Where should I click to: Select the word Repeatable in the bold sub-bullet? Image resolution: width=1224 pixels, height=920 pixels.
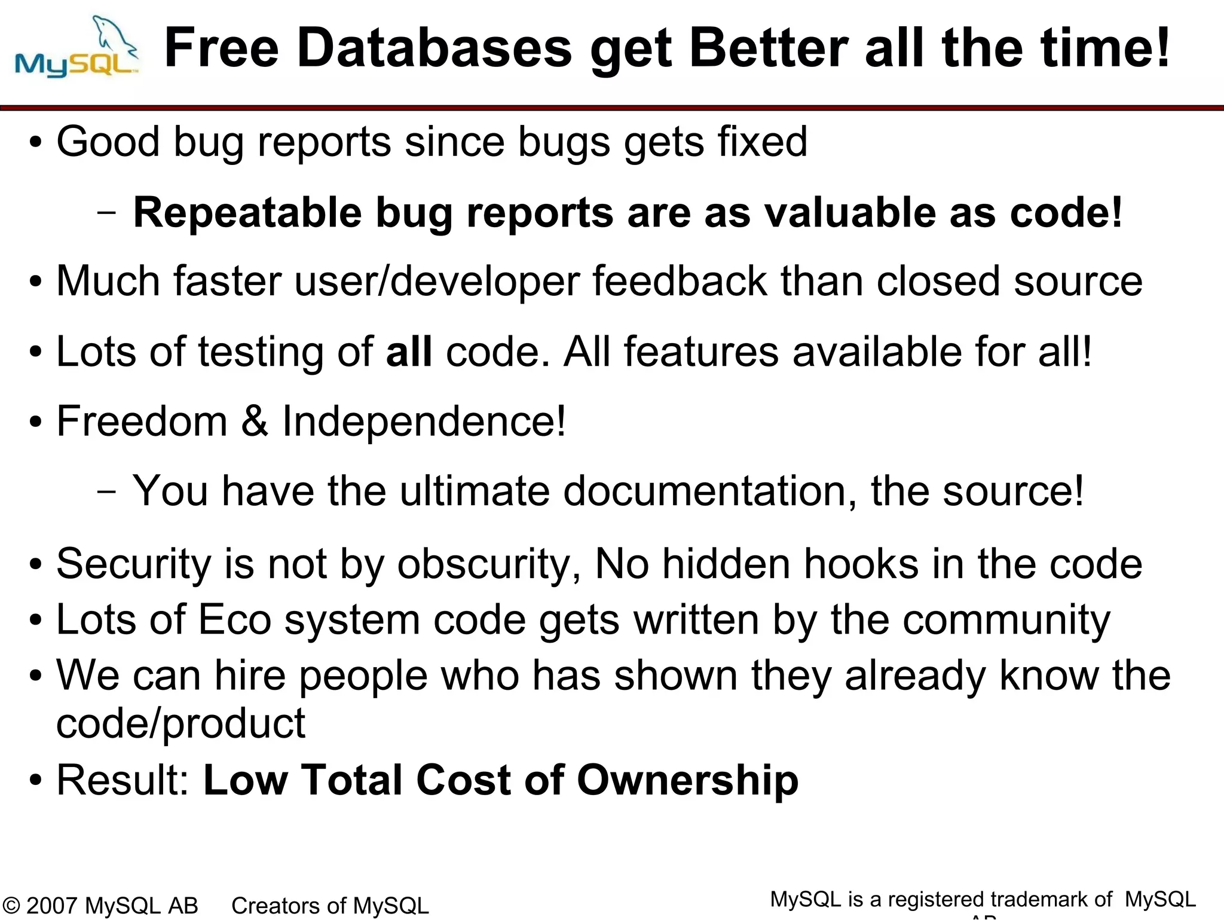pyautogui.click(x=247, y=213)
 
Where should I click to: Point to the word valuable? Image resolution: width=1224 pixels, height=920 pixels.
pyautogui.click(x=850, y=213)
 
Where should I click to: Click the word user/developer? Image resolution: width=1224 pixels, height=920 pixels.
pyautogui.click(x=437, y=282)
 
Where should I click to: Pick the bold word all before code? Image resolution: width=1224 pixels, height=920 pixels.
pyautogui.click(x=409, y=352)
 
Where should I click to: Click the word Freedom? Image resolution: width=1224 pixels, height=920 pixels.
pyautogui.click(x=142, y=421)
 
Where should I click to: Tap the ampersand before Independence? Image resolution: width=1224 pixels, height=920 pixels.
pyautogui.click(x=255, y=421)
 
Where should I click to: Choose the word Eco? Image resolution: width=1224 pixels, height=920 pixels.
pyautogui.click(x=235, y=620)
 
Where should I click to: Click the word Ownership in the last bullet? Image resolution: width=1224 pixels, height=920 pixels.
pyautogui.click(x=687, y=781)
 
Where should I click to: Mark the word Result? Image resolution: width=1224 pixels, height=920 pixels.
pyautogui.click(x=123, y=781)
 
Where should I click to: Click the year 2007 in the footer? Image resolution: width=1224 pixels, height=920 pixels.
pyautogui.click(x=52, y=906)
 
